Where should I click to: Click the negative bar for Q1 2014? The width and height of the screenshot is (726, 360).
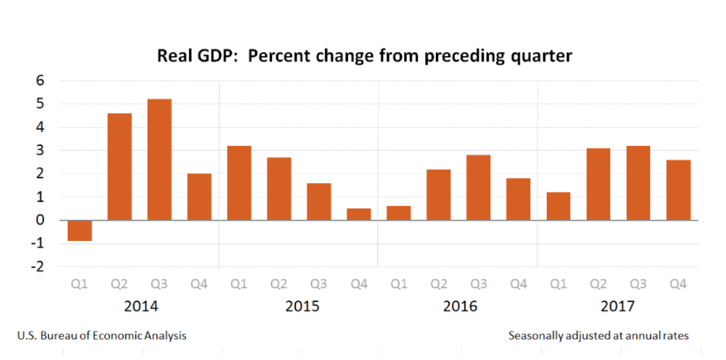[80, 230]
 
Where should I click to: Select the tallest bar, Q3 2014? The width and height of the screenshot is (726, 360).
[160, 160]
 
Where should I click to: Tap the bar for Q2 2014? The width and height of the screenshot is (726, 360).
[120, 167]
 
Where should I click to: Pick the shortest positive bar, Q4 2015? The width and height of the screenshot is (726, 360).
[359, 214]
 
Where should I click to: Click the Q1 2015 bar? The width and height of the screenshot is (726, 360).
[240, 183]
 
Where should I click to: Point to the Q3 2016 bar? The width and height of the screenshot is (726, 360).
[478, 187]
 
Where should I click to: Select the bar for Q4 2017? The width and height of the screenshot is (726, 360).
[678, 190]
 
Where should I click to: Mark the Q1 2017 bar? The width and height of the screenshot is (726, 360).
[558, 206]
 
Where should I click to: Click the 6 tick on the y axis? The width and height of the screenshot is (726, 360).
[39, 81]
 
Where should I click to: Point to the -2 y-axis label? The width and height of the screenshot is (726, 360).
[37, 267]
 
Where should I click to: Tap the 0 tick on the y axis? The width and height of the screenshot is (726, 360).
[39, 221]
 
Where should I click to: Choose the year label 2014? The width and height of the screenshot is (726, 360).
[140, 307]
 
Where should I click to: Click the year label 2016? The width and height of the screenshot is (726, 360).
[460, 307]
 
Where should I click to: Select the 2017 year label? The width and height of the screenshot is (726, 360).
[618, 307]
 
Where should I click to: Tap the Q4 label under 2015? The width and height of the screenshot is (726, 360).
[359, 284]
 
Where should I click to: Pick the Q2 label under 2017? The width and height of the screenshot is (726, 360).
[598, 284]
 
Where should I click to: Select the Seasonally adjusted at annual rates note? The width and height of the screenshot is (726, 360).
[598, 336]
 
